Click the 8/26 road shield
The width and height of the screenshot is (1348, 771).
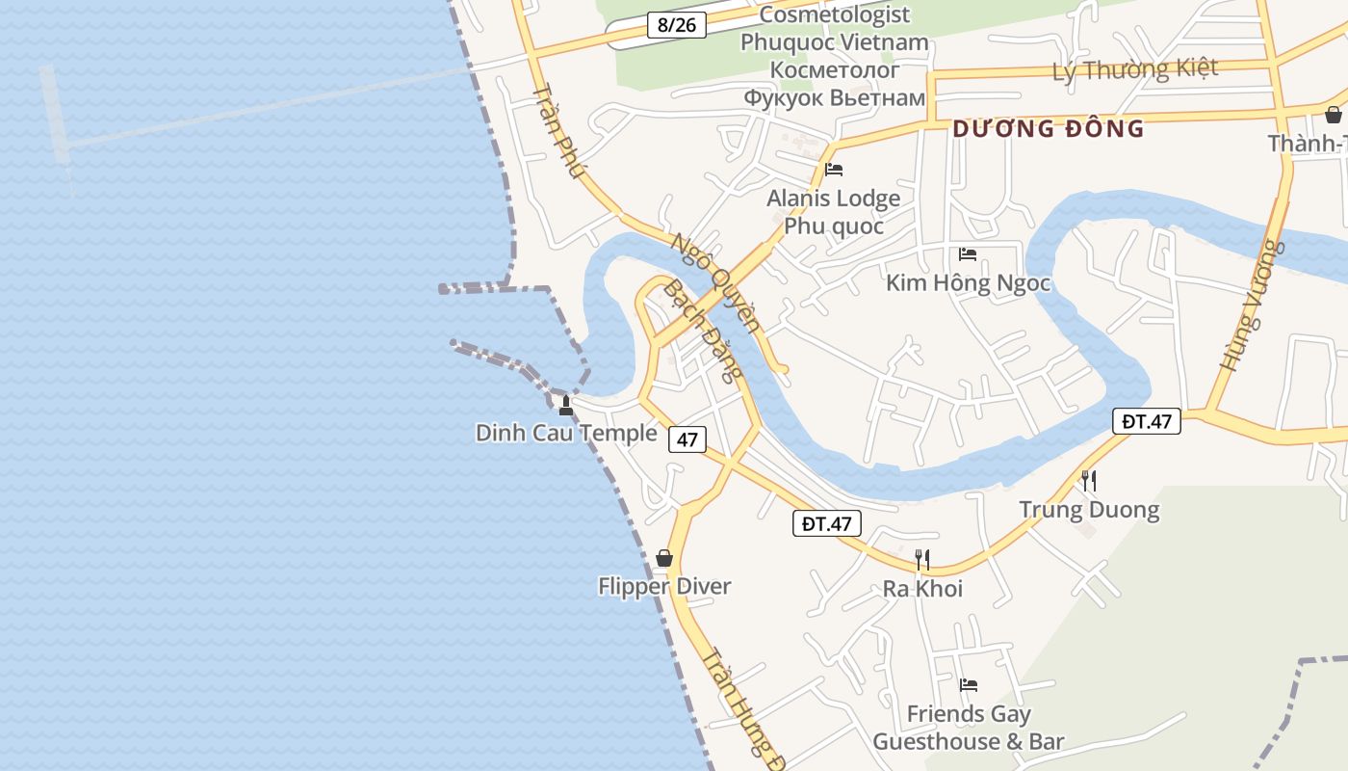pyautogui.click(x=677, y=24)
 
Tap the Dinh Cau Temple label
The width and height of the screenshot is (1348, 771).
pyautogui.click(x=566, y=433)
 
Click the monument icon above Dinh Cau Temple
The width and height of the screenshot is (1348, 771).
pyautogui.click(x=566, y=406)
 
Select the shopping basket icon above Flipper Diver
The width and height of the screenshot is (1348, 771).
pyautogui.click(x=664, y=558)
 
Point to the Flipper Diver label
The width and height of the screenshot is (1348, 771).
pyautogui.click(x=664, y=586)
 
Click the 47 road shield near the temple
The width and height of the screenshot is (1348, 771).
pyautogui.click(x=687, y=439)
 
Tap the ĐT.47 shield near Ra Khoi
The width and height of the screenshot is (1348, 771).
pyautogui.click(x=826, y=523)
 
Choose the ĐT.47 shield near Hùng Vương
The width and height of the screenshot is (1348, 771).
pyautogui.click(x=1147, y=421)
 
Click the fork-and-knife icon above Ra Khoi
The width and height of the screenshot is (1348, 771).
pyautogui.click(x=922, y=559)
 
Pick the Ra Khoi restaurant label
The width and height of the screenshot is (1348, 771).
pyautogui.click(x=922, y=588)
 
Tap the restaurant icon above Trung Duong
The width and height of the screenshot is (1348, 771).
pyautogui.click(x=1089, y=480)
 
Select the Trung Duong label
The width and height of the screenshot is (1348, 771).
pyautogui.click(x=1089, y=509)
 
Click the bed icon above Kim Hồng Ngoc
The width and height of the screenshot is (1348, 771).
pyautogui.click(x=968, y=254)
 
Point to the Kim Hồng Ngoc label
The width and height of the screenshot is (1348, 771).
pyautogui.click(x=968, y=283)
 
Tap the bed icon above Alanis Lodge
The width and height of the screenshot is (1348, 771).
pyautogui.click(x=834, y=170)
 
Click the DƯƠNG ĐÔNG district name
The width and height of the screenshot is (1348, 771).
pyautogui.click(x=1049, y=128)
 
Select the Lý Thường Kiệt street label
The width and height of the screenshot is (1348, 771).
pyautogui.click(x=1135, y=69)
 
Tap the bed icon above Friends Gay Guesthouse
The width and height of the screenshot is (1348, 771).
pyautogui.click(x=969, y=685)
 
